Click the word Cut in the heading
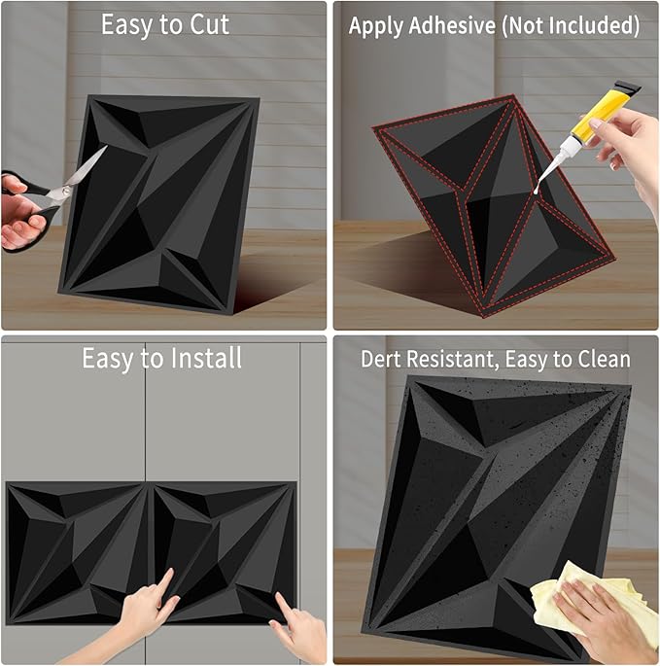click(209, 24)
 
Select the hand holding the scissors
click(20, 212)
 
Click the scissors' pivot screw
click(66, 191)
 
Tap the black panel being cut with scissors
click(159, 203)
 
